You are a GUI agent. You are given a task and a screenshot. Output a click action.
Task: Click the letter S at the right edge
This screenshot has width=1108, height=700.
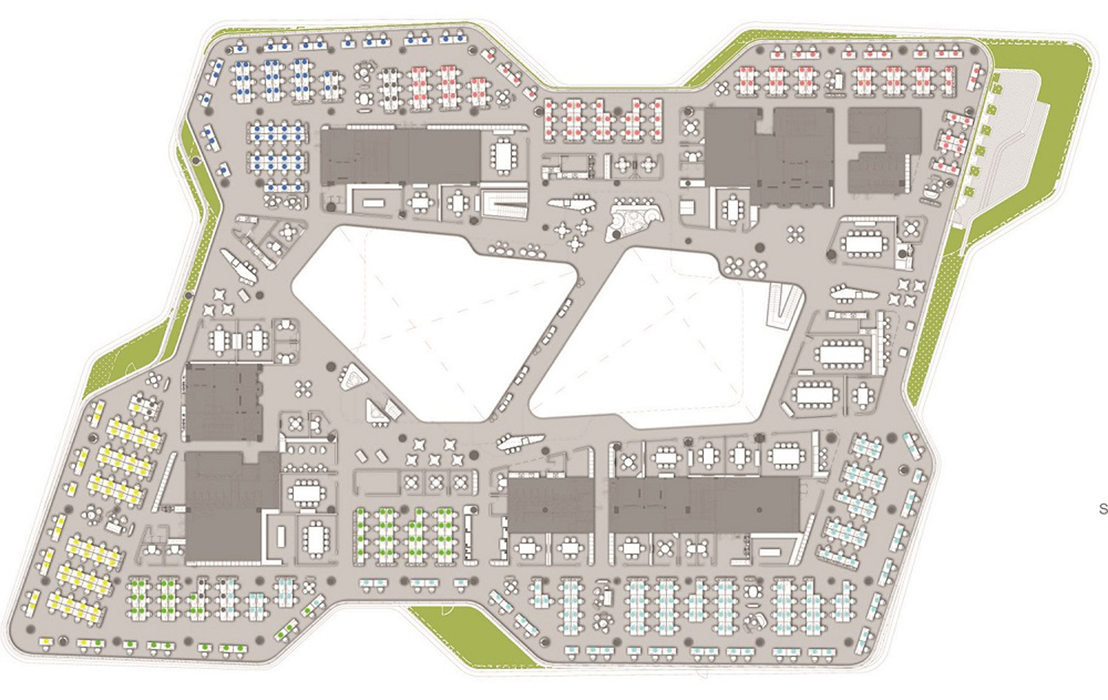(x=1103, y=509)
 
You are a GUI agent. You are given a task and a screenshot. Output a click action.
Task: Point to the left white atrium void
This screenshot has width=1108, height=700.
(x=436, y=318)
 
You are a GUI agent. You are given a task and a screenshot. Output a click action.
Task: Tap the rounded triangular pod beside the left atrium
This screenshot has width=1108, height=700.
(x=353, y=378)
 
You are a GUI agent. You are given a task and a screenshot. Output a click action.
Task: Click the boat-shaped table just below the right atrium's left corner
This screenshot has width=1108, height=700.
(x=520, y=442)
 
